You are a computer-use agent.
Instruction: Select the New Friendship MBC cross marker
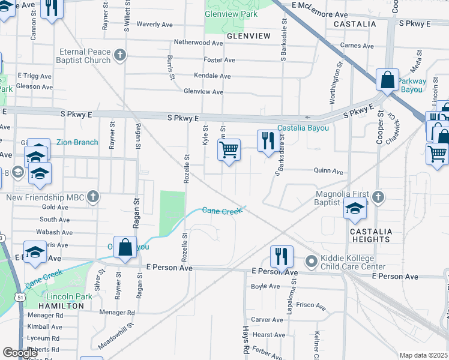pyautogui.click(x=92, y=196)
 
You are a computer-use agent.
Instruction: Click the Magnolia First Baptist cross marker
pyautogui.click(x=378, y=197)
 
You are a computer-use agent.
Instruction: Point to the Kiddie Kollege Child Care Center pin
pyautogui.click(x=311, y=262)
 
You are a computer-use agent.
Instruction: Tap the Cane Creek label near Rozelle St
pyautogui.click(x=221, y=211)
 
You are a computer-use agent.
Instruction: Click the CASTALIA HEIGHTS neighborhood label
pyautogui.click(x=372, y=235)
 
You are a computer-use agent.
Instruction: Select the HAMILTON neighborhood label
pyautogui.click(x=61, y=305)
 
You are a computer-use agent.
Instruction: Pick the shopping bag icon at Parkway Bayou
pyautogui.click(x=388, y=79)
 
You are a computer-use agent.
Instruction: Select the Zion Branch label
pyautogui.click(x=77, y=142)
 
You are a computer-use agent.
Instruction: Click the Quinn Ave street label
pyautogui.click(x=328, y=171)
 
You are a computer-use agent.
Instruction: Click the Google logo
pyautogui.click(x=20, y=353)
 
